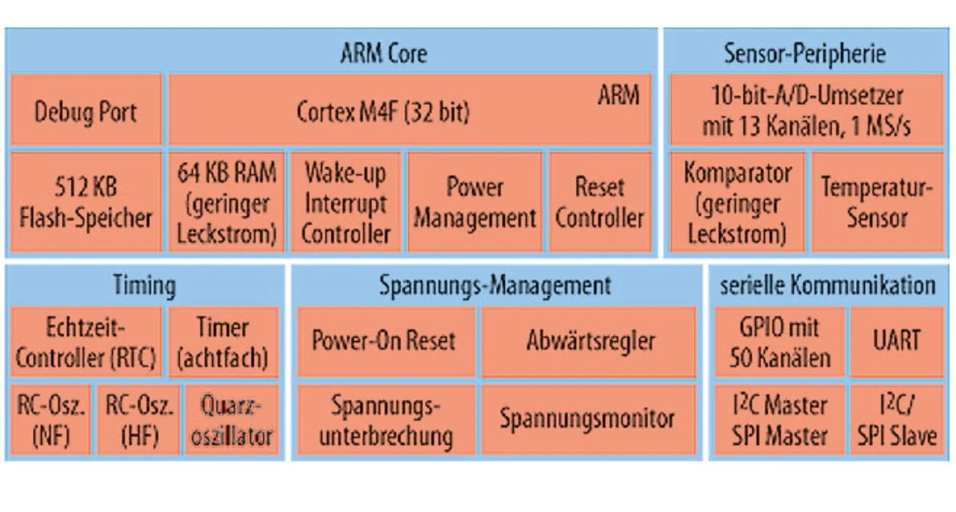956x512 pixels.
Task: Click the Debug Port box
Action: pyautogui.click(x=86, y=110)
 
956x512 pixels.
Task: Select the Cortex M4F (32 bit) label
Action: pyautogui.click(x=383, y=112)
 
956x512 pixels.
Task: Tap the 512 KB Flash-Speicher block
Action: pyautogui.click(x=86, y=202)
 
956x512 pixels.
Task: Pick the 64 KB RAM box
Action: pyautogui.click(x=226, y=202)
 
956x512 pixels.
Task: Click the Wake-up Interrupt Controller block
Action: pyautogui.click(x=346, y=202)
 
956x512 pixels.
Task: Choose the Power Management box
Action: pyautogui.click(x=474, y=202)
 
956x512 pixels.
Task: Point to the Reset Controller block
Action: pyautogui.click(x=600, y=202)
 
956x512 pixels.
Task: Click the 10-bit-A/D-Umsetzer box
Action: pyautogui.click(x=806, y=110)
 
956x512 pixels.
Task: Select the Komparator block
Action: pyautogui.click(x=737, y=202)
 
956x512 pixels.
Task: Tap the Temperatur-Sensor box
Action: pyautogui.click(x=877, y=202)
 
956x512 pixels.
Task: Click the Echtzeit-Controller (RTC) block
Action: pyautogui.click(x=86, y=342)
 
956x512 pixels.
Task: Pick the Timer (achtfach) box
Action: pyautogui.click(x=223, y=342)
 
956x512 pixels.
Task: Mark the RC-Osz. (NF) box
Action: pyautogui.click(x=51, y=419)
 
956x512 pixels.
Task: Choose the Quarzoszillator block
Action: pyautogui.click(x=232, y=419)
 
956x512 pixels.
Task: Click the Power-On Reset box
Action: pyautogui.click(x=386, y=342)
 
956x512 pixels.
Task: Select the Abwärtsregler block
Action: pyautogui.click(x=589, y=342)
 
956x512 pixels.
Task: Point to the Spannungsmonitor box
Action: pyautogui.click(x=589, y=419)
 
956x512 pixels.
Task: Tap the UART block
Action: pyautogui.click(x=897, y=342)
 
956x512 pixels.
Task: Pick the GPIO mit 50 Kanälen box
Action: pyautogui.click(x=779, y=342)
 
